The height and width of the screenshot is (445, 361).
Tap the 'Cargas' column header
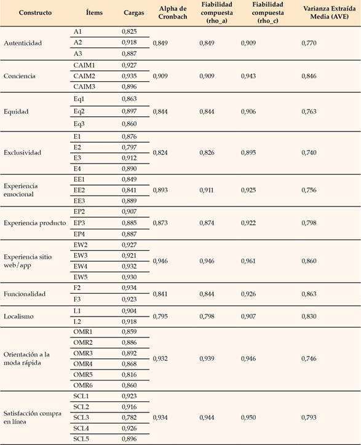coord(133,12)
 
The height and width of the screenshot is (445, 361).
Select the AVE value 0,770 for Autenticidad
coord(310,43)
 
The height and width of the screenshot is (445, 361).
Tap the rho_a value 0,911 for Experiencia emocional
coord(208,190)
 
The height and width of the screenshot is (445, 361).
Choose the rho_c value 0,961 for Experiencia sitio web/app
coord(250,260)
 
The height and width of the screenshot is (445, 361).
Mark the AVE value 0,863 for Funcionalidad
coord(310,294)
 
